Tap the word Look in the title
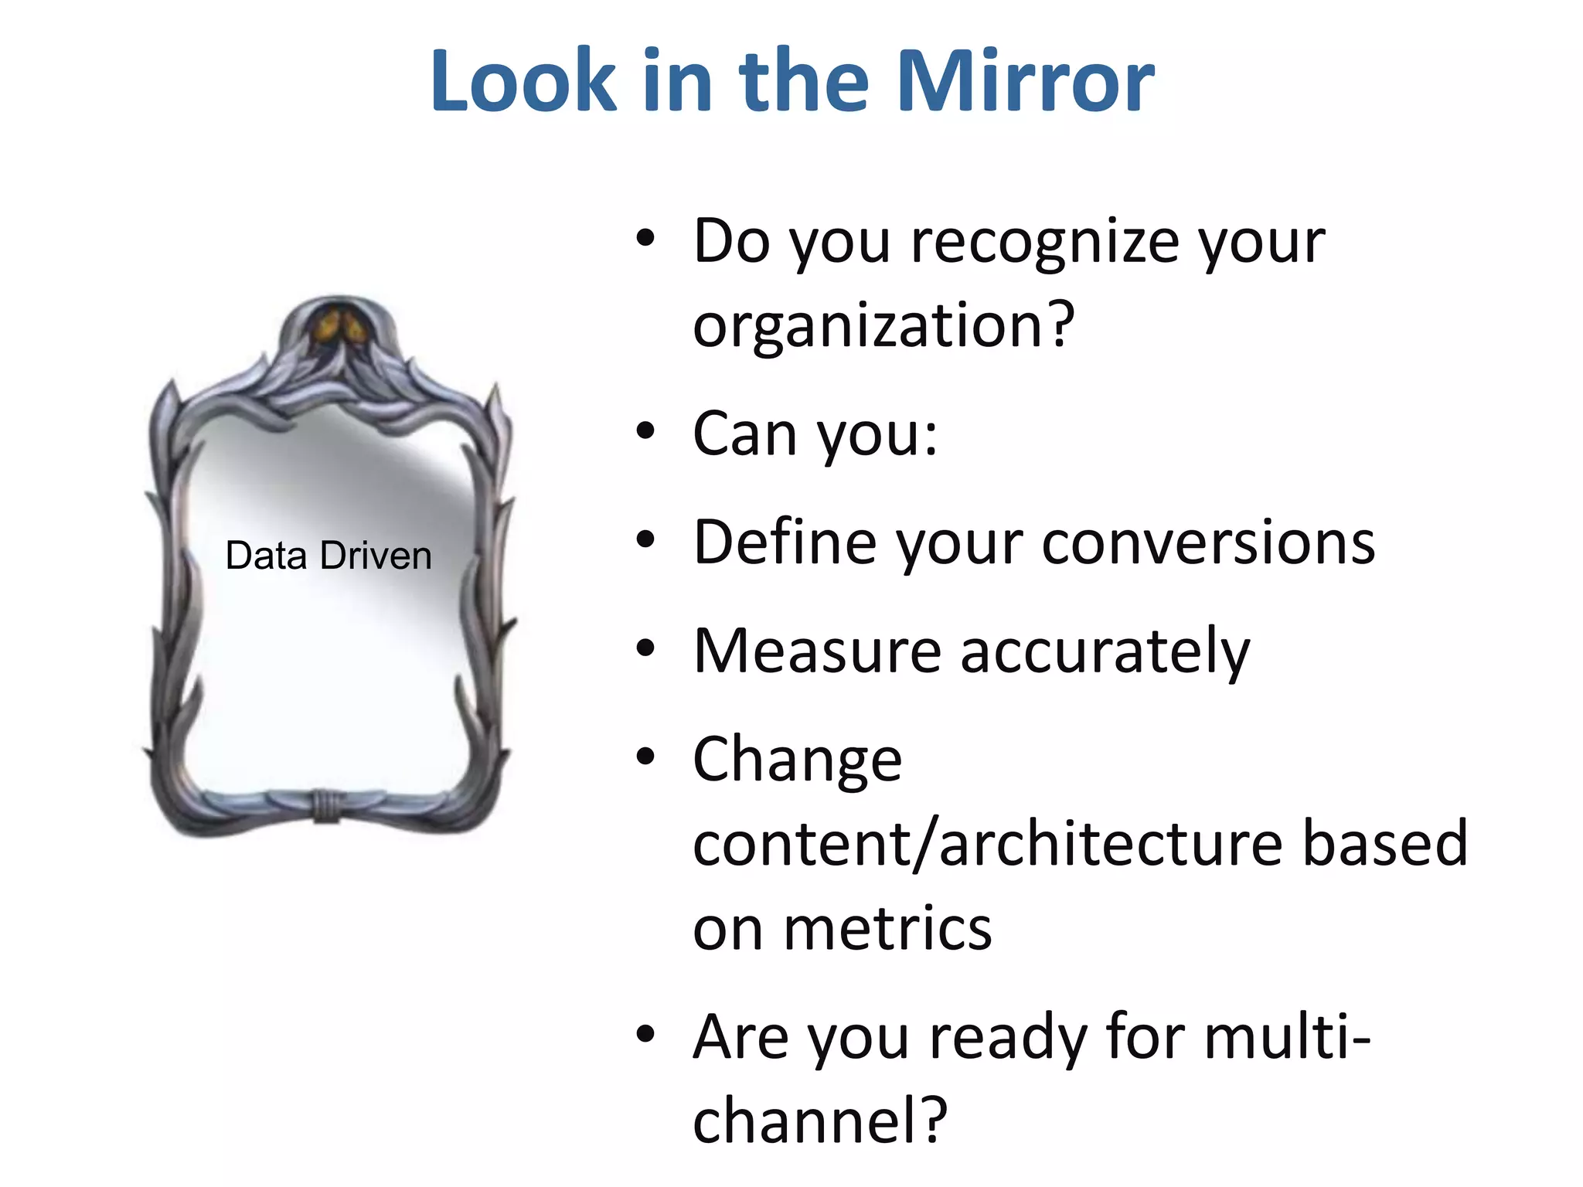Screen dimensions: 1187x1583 [523, 81]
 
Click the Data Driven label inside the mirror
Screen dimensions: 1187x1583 [329, 556]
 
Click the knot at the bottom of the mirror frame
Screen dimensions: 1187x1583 [326, 806]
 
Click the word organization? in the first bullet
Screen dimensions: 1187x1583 [883, 326]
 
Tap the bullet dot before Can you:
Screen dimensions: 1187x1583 [645, 431]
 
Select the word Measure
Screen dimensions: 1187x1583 [817, 651]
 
